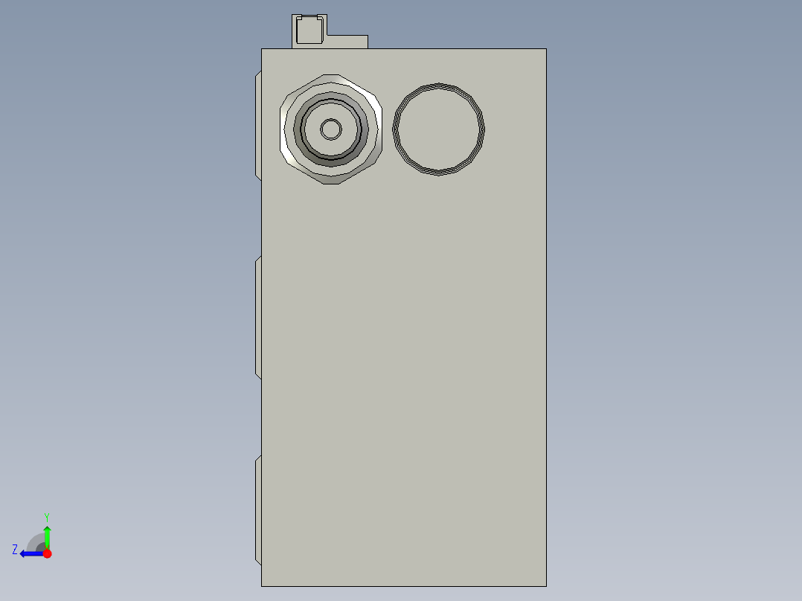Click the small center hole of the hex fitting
click(331, 129)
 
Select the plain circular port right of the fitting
click(438, 129)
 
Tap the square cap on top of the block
click(309, 30)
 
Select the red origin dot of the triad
click(47, 553)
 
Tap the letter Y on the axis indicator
click(46, 517)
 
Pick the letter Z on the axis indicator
click(15, 550)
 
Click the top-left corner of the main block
click(262, 49)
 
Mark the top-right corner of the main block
click(546, 49)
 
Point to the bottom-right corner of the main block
click(546, 585)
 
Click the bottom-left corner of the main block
click(262, 585)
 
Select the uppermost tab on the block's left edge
click(258, 125)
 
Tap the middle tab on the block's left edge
click(258, 318)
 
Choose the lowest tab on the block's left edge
click(258, 510)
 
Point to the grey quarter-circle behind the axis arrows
click(36, 542)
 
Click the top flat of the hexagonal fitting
click(331, 78)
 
